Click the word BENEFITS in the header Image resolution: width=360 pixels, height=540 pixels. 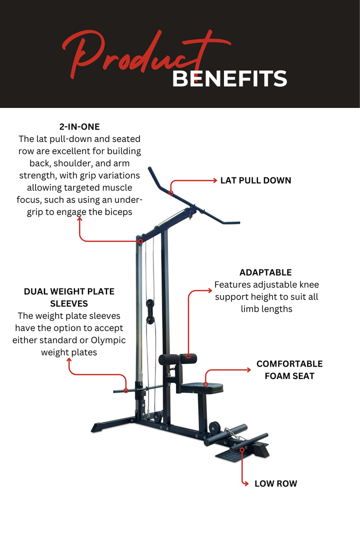[229, 79]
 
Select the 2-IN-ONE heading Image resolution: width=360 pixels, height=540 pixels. [79, 126]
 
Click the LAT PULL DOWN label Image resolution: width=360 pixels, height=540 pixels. [255, 180]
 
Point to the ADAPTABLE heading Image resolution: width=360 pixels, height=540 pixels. [265, 272]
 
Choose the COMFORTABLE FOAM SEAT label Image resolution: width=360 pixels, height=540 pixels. [289, 370]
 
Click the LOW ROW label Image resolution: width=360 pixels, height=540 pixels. [275, 483]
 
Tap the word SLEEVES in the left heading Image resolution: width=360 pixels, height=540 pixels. [69, 304]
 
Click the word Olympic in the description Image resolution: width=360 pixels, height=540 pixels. [108, 340]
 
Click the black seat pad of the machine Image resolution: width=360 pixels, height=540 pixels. [202, 388]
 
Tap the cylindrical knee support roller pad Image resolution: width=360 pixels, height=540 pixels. [178, 359]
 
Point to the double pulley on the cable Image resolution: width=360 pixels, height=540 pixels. [150, 311]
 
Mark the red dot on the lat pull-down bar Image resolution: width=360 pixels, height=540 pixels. [171, 193]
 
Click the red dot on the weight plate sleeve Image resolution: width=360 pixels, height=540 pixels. [126, 390]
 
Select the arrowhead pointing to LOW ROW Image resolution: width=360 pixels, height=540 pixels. [246, 483]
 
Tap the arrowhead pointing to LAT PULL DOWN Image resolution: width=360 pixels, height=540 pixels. [214, 180]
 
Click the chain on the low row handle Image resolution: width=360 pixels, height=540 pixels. [234, 434]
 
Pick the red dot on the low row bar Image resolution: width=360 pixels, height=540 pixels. [242, 450]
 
